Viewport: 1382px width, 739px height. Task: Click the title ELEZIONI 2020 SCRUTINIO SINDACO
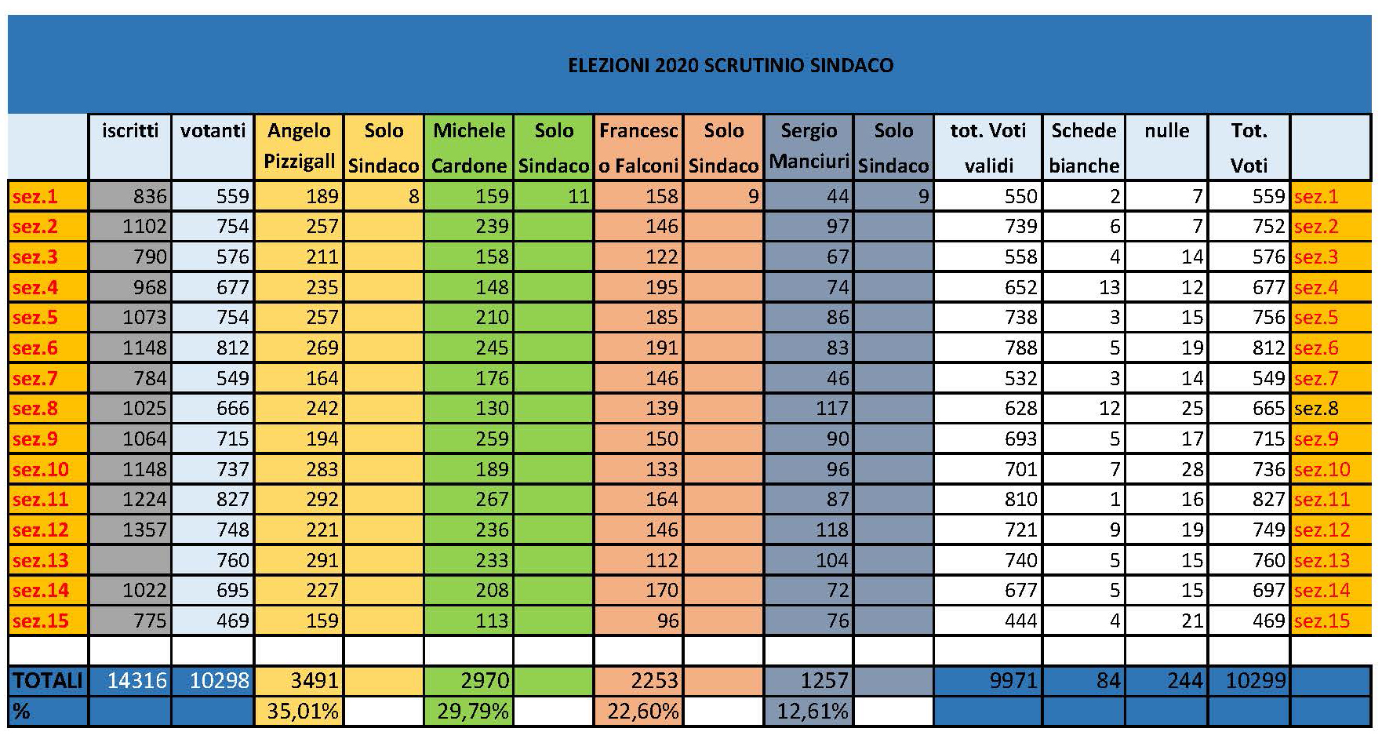[x=730, y=65]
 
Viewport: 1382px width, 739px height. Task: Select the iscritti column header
[x=130, y=131]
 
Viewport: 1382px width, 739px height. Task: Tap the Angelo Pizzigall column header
[x=299, y=147]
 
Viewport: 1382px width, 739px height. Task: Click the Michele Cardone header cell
[x=468, y=147]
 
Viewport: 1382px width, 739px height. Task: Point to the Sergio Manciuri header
[x=809, y=147]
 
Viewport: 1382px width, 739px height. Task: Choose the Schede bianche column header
[x=1084, y=147]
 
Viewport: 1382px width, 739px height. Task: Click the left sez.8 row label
[x=35, y=408]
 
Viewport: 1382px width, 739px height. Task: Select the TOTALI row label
[x=47, y=681]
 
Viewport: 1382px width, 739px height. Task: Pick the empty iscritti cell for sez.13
[x=130, y=560]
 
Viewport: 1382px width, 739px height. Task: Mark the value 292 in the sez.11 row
[x=322, y=499]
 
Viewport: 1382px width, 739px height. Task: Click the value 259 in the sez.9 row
[x=492, y=439]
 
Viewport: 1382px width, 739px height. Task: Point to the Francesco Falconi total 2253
[x=653, y=681]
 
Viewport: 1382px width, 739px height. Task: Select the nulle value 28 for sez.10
[x=1191, y=469]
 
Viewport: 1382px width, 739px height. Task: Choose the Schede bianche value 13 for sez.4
[x=1109, y=287]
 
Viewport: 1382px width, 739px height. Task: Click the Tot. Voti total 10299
[x=1255, y=681]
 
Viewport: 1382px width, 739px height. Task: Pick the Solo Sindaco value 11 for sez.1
[x=578, y=196]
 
